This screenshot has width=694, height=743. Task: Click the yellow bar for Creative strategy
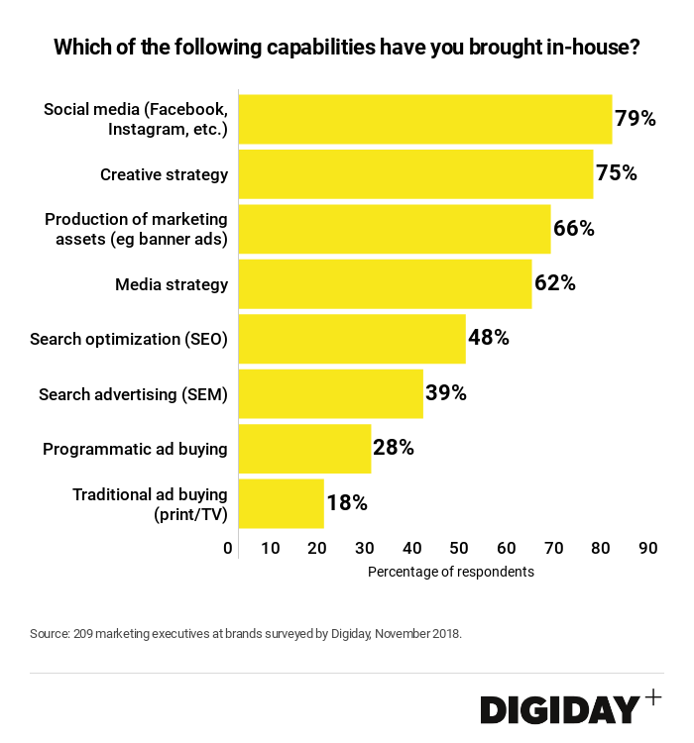pos(415,174)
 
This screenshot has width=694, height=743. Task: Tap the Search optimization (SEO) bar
pos(352,339)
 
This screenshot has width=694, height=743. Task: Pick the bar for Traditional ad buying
pos(282,503)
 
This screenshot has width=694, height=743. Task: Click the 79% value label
pos(636,119)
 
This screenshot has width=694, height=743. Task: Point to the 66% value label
pos(574,229)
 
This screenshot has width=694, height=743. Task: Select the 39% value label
pos(446,393)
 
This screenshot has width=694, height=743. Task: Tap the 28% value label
pos(394,448)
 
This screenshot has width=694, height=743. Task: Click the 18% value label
pos(347,503)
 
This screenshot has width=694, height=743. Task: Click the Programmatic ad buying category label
pos(135,449)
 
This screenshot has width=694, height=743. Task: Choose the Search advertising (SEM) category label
pos(133,394)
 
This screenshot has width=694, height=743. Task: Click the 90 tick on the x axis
pos(648,549)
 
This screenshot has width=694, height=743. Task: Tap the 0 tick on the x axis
pos(228,549)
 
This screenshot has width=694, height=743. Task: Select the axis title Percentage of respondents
pos(451,572)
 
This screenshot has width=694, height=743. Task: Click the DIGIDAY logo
pos(560,709)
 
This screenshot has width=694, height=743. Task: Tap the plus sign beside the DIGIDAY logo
pos(652,696)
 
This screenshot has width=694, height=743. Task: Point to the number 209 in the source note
pos(84,633)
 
